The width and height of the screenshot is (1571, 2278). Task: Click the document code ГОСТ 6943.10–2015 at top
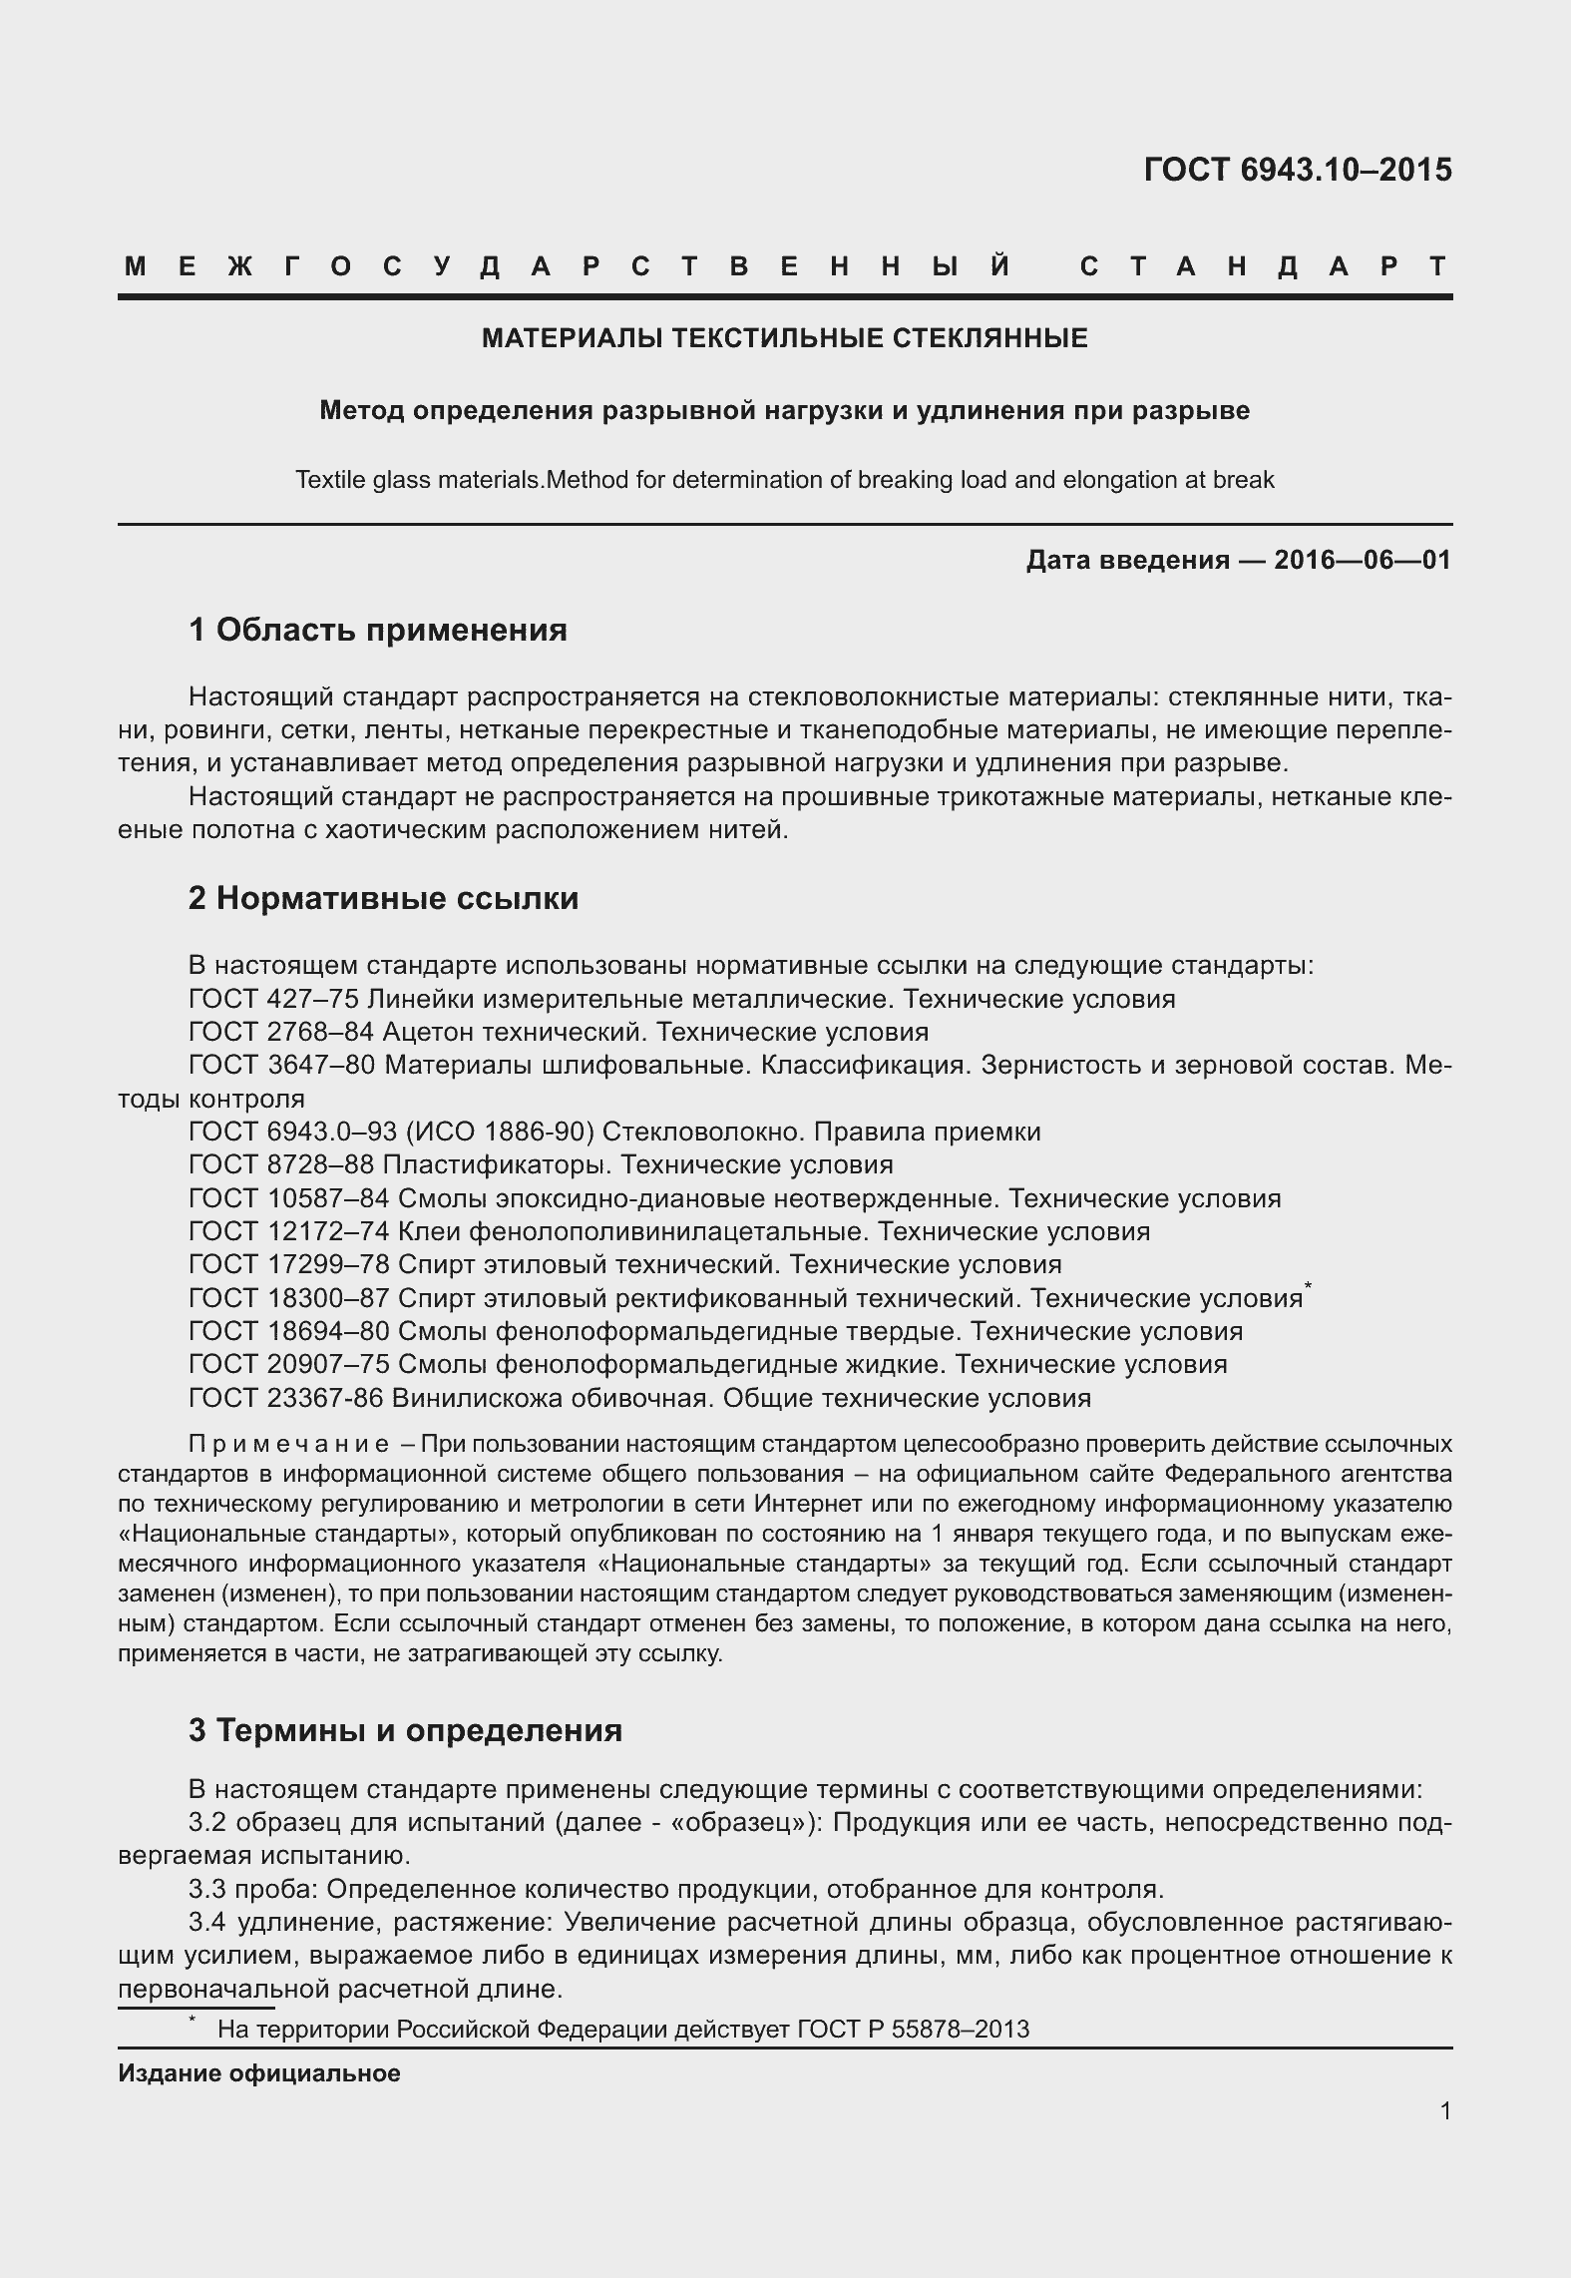(1297, 171)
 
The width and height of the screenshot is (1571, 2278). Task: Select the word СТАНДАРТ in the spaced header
(1264, 266)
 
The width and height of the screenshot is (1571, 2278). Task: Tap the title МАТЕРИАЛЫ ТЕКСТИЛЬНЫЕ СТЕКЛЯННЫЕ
(784, 338)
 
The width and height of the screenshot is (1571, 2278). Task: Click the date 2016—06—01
(1362, 560)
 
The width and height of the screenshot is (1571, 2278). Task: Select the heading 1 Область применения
(378, 630)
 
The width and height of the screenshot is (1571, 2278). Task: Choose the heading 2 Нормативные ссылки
(383, 898)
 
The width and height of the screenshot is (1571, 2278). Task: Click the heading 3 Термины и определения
(405, 1729)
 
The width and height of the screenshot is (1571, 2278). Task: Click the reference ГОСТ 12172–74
(288, 1231)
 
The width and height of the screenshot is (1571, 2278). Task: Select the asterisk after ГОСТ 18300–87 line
(1308, 1290)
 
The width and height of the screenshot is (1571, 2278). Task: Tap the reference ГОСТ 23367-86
(286, 1398)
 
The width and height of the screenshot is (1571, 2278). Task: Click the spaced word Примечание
(288, 1445)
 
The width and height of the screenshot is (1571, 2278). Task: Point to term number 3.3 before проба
(208, 1889)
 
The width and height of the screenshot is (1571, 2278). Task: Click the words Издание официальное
(259, 2073)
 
